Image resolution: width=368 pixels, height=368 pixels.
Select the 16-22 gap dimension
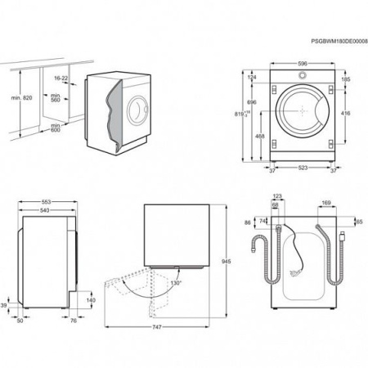tap(60, 79)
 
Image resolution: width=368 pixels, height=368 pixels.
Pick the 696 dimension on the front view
tap(252, 101)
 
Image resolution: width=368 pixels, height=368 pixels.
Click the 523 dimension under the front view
tap(302, 168)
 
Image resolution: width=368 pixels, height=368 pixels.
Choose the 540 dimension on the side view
tap(46, 211)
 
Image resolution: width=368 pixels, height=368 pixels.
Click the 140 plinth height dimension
tap(90, 300)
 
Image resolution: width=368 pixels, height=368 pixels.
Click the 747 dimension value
tap(156, 328)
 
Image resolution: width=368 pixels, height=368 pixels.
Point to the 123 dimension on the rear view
tap(277, 197)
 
